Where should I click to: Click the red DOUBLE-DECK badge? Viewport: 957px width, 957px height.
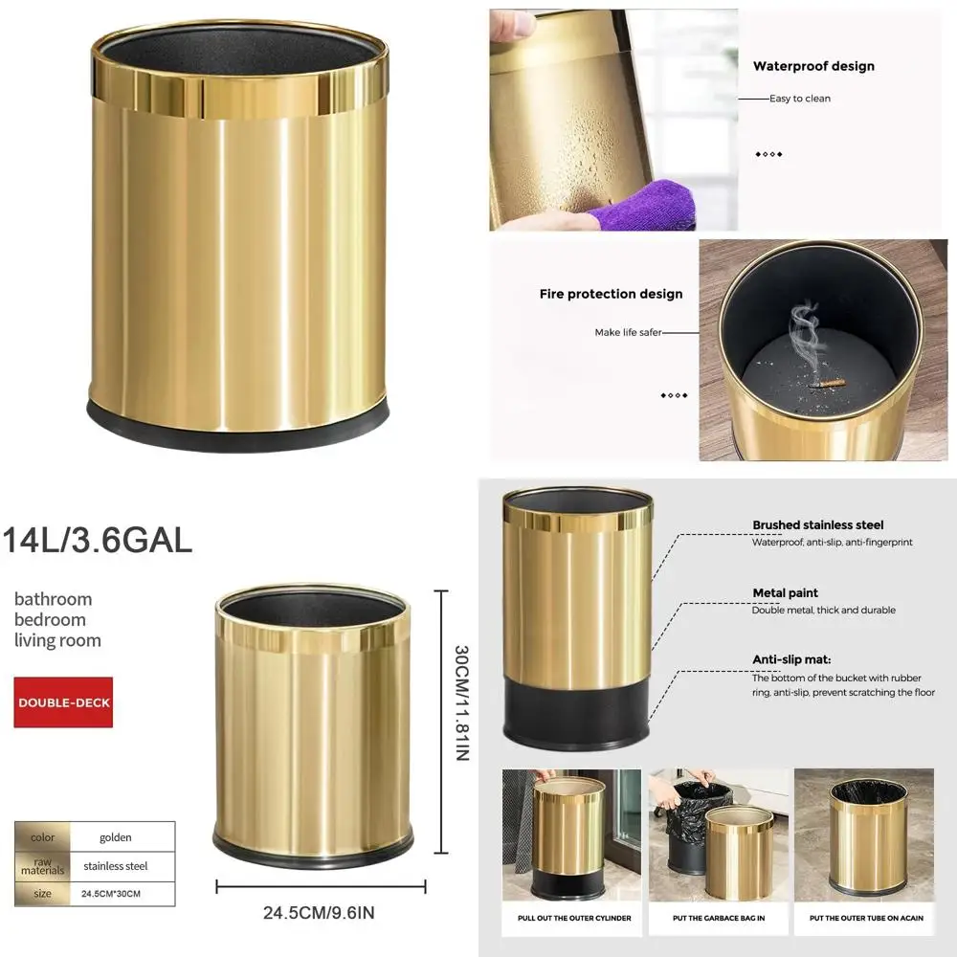[63, 702]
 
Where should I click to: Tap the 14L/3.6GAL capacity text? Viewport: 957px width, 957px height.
[98, 541]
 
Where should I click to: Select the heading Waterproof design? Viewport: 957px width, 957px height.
[813, 67]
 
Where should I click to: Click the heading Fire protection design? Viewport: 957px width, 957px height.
[611, 294]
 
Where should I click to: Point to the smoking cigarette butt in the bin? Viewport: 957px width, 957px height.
[829, 384]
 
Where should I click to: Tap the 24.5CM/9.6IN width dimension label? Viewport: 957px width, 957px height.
[319, 913]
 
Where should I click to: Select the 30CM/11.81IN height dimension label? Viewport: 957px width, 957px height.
[461, 703]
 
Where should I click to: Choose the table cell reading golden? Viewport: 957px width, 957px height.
[116, 837]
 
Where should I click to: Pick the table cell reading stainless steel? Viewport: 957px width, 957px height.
[116, 866]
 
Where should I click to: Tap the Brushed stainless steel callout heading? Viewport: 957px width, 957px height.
[817, 525]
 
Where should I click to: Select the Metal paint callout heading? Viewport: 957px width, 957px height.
[785, 593]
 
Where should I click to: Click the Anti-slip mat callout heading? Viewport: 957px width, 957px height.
[791, 659]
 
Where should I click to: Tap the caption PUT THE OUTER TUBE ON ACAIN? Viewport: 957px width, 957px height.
[865, 919]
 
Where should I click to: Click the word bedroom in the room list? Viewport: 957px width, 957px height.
[50, 620]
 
